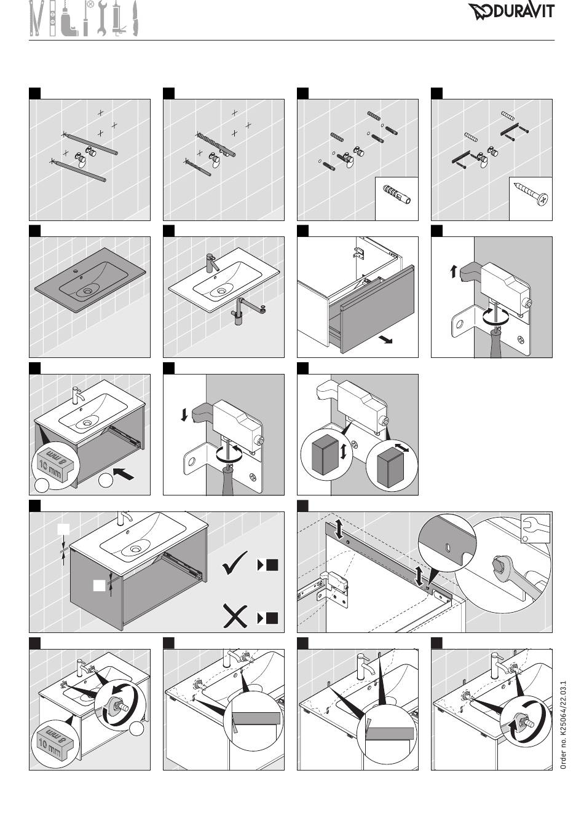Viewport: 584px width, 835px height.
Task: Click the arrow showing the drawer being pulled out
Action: (385, 340)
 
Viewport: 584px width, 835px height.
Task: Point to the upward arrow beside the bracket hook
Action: (453, 271)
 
